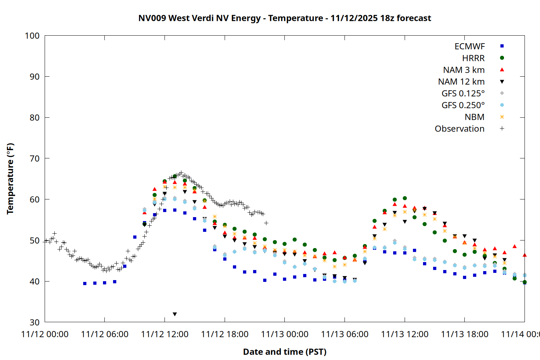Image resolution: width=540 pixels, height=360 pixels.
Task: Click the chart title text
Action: click(284, 18)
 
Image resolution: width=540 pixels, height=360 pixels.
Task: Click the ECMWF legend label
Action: click(469, 46)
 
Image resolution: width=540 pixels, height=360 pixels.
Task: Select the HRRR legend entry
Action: click(473, 58)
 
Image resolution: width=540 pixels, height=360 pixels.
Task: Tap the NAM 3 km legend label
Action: click(464, 70)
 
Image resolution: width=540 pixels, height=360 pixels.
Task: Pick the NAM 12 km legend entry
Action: click(461, 82)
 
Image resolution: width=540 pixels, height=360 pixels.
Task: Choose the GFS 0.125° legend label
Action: click(463, 94)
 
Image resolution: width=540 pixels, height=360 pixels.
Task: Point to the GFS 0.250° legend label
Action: click(463, 105)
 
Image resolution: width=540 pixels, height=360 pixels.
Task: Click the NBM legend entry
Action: click(474, 117)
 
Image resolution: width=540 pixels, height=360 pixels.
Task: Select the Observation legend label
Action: click(459, 129)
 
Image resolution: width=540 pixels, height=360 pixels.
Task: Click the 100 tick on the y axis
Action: click(32, 36)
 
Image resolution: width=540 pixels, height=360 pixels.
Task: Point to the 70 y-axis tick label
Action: click(35, 158)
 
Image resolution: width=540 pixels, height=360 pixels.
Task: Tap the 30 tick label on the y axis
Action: click(35, 322)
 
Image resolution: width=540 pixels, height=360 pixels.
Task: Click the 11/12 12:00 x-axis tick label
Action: click(165, 334)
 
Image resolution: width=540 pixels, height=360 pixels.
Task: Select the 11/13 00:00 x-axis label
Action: click(284, 334)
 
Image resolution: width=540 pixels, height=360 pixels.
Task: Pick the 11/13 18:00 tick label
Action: click(464, 334)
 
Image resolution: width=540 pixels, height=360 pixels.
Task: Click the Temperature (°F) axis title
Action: click(10, 179)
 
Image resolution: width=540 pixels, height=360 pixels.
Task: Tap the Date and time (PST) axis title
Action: click(284, 352)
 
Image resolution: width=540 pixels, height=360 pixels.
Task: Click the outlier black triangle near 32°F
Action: click(175, 314)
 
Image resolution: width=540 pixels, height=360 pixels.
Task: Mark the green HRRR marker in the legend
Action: click(502, 58)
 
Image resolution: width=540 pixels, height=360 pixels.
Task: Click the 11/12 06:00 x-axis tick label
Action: click(104, 334)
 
